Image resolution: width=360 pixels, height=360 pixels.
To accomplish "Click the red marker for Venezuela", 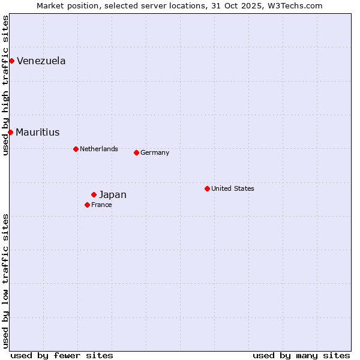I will tap(11, 61).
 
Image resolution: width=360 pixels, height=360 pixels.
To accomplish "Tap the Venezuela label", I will tap(41, 61).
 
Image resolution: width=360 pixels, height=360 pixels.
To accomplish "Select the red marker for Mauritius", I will tap(10, 132).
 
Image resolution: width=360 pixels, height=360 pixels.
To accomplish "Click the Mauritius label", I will tap(38, 133).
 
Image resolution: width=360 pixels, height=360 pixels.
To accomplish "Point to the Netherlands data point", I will tap(76, 149).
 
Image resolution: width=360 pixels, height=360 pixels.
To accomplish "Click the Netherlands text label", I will tap(99, 149).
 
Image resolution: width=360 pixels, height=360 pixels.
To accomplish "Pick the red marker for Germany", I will tap(136, 152).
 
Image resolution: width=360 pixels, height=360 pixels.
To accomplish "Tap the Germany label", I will tap(155, 152).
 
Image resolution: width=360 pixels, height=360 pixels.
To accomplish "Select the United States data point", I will tap(207, 188).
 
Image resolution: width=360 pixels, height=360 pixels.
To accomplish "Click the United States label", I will tap(233, 188).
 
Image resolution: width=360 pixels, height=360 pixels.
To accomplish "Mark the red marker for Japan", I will tap(94, 194).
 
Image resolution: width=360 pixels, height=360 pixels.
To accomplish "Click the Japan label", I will tap(113, 195).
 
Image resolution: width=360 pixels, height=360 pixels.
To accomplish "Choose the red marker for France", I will tap(87, 205).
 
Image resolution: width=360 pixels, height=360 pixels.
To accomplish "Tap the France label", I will tap(101, 205).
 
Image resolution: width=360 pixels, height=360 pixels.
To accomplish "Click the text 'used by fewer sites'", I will tap(62, 355).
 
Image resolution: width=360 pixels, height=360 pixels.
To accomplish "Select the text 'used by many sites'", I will tap(301, 355).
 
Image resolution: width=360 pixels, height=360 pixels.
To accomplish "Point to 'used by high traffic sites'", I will tap(5, 85).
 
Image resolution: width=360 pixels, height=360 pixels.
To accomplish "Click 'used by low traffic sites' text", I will tap(5, 281).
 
